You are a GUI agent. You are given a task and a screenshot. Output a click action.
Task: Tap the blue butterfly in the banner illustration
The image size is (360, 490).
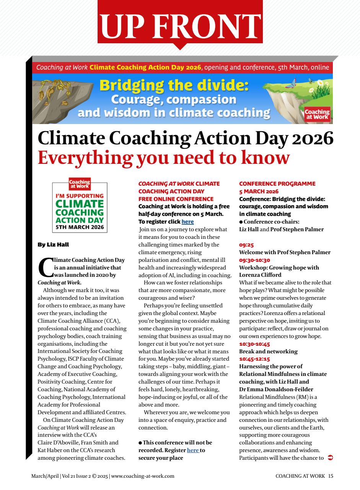tap(293, 82)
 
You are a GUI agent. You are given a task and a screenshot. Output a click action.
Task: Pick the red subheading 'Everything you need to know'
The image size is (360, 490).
tap(163, 158)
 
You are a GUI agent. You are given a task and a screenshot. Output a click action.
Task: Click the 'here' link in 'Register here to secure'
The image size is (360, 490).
tap(193, 450)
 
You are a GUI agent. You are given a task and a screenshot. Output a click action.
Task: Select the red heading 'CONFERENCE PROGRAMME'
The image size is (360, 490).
tap(277, 184)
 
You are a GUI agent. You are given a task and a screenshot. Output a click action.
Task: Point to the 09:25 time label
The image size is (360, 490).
tap(246, 245)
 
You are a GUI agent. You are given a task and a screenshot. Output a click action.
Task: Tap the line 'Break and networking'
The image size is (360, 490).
tap(268, 351)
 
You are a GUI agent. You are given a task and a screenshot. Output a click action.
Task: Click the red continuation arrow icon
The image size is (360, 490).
tap(330, 458)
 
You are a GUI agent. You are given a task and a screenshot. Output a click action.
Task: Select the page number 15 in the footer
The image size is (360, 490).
tap(331, 476)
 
